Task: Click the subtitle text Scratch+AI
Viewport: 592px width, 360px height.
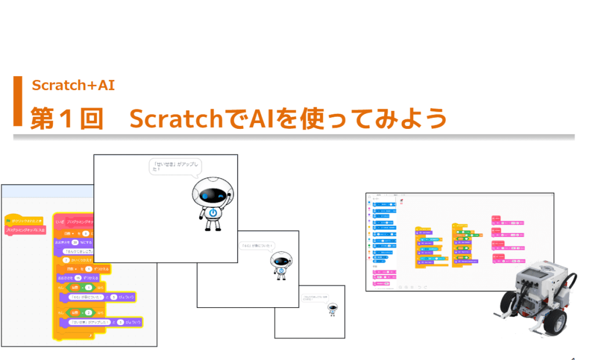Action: click(73, 85)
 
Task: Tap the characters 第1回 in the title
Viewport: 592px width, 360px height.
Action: click(66, 119)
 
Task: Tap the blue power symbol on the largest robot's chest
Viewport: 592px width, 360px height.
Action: click(214, 213)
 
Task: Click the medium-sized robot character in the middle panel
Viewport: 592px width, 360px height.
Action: click(280, 265)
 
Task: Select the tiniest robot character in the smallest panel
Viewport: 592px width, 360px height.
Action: click(331, 309)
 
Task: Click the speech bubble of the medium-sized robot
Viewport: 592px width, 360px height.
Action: click(257, 246)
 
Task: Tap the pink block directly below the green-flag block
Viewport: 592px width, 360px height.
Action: click(26, 231)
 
